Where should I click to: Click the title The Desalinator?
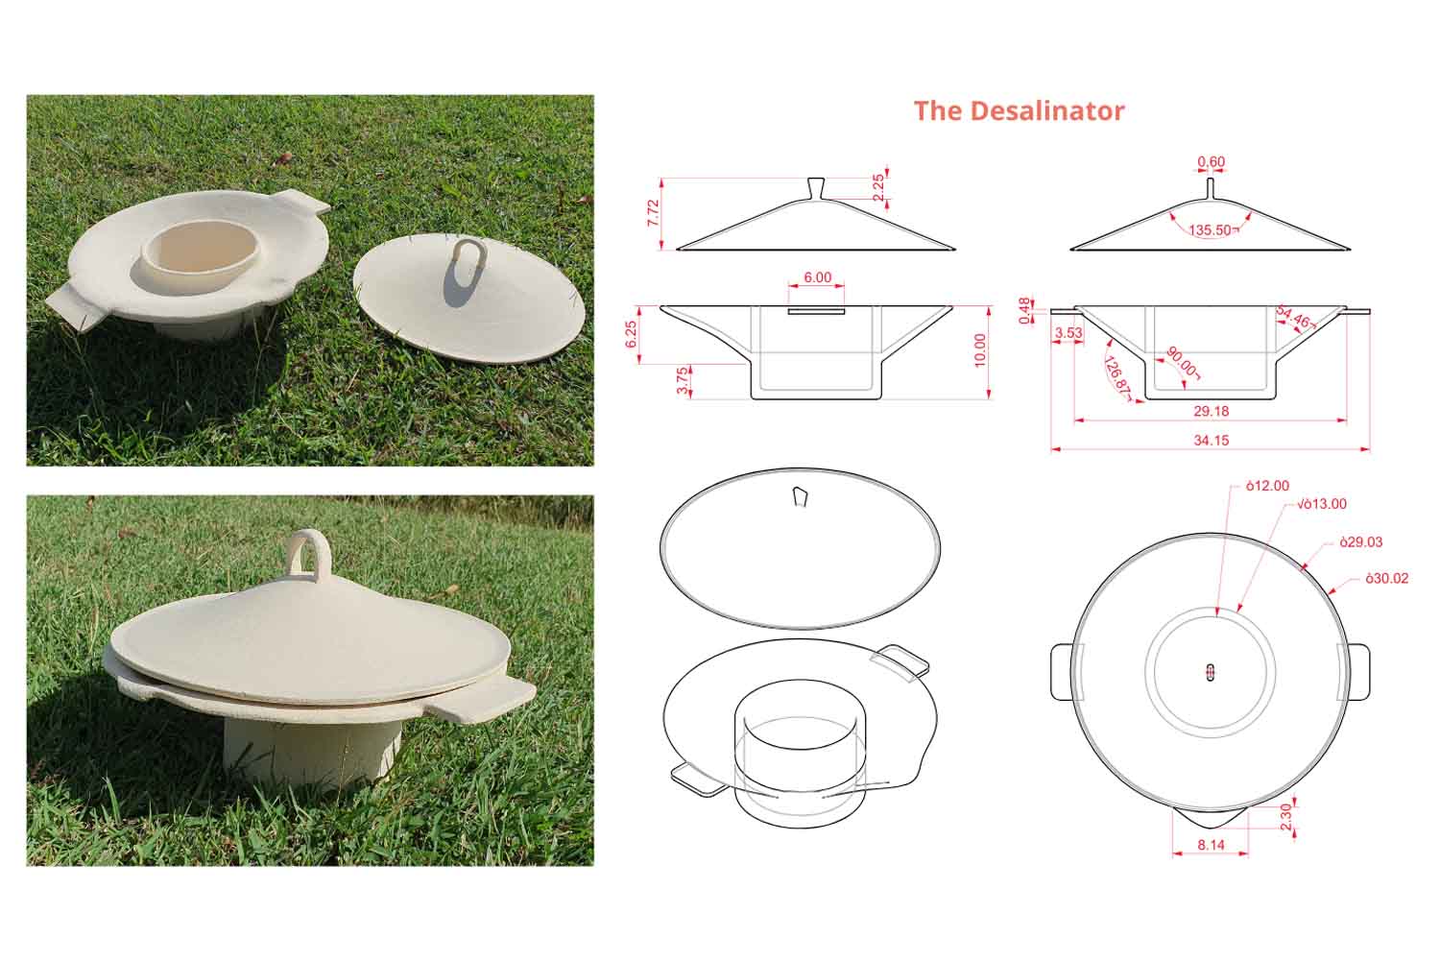[1019, 110]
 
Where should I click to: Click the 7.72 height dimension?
[654, 213]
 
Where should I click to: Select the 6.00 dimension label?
[817, 277]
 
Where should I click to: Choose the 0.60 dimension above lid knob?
[1211, 162]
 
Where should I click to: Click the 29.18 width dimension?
[1211, 411]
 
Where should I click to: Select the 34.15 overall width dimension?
[1211, 441]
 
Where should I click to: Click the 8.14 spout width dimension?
[1211, 846]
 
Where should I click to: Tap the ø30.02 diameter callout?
[1386, 579]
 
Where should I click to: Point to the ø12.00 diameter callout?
[1267, 486]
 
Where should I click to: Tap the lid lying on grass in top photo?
[470, 298]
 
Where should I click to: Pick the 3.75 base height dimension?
[682, 381]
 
